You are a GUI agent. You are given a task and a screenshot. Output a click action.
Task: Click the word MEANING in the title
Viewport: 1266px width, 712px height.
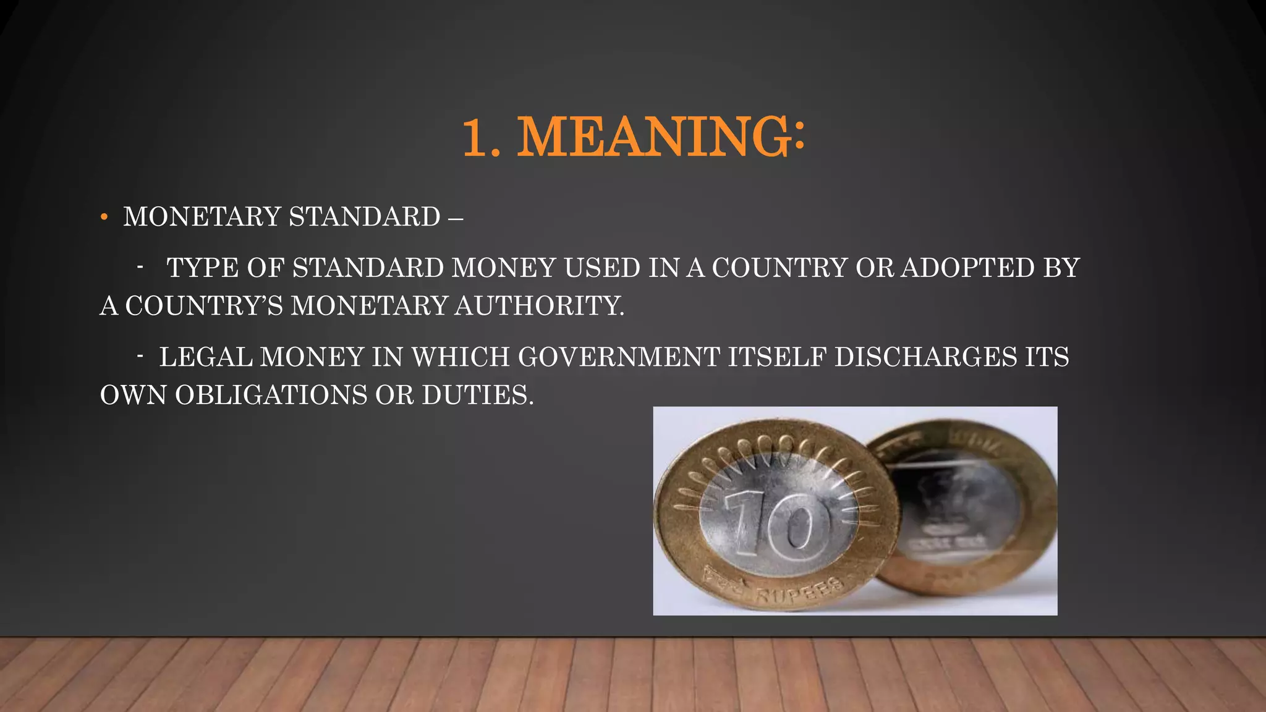pos(653,137)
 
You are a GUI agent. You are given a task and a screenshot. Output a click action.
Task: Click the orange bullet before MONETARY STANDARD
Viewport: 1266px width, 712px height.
pos(104,217)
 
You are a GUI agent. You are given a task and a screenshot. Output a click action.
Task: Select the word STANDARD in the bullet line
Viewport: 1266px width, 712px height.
pos(364,217)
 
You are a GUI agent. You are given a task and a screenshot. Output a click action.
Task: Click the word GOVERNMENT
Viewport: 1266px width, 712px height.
pos(619,357)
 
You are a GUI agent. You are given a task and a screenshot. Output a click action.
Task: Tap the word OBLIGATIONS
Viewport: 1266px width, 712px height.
pos(271,396)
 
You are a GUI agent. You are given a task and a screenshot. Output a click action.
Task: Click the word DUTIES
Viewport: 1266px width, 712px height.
pos(477,396)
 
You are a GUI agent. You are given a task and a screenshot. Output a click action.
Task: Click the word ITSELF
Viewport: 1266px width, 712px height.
pos(777,357)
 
